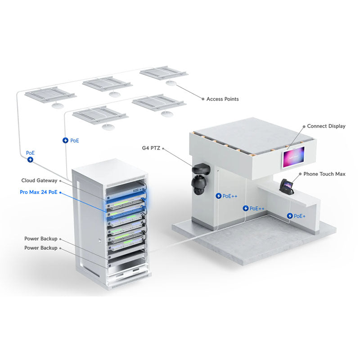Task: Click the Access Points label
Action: click(x=222, y=99)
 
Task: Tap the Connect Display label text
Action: click(x=326, y=126)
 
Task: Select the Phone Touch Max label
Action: click(x=324, y=174)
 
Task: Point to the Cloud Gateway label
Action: click(x=39, y=180)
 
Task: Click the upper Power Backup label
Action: click(x=40, y=239)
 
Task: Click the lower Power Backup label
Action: click(x=40, y=248)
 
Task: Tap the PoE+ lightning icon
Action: click(x=290, y=216)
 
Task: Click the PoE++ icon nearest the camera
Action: click(x=219, y=196)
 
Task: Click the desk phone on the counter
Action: click(x=287, y=186)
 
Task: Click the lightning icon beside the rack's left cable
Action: click(x=30, y=159)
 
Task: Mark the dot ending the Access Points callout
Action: click(x=202, y=99)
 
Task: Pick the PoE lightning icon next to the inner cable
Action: click(x=65, y=140)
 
